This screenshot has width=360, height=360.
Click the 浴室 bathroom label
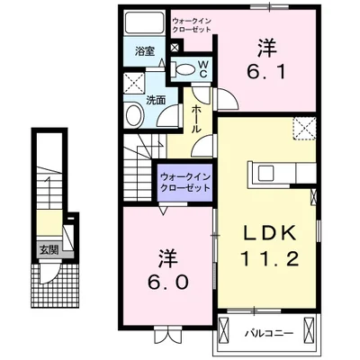click(x=145, y=51)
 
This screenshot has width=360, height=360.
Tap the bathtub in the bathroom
click(x=143, y=23)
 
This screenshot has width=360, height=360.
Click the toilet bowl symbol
click(x=184, y=68)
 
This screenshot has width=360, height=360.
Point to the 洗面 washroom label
click(x=155, y=100)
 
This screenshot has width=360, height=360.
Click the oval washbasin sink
click(x=133, y=115)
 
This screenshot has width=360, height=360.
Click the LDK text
click(x=268, y=233)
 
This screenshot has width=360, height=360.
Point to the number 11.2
click(x=268, y=260)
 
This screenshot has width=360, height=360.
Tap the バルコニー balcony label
click(x=268, y=334)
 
